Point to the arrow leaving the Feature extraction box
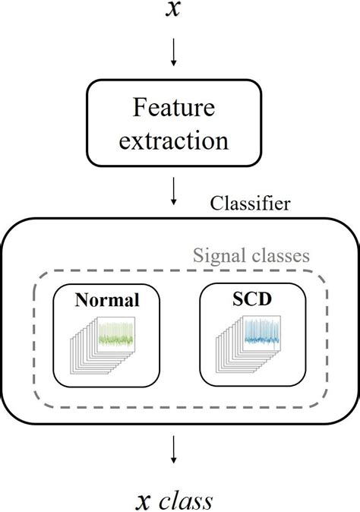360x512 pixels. pyautogui.click(x=174, y=191)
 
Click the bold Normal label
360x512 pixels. pyautogui.click(x=107, y=300)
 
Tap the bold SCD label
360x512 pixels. pyautogui.click(x=251, y=300)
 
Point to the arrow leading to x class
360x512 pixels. pyautogui.click(x=174, y=450)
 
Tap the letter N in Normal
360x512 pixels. pyautogui.click(x=81, y=300)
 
